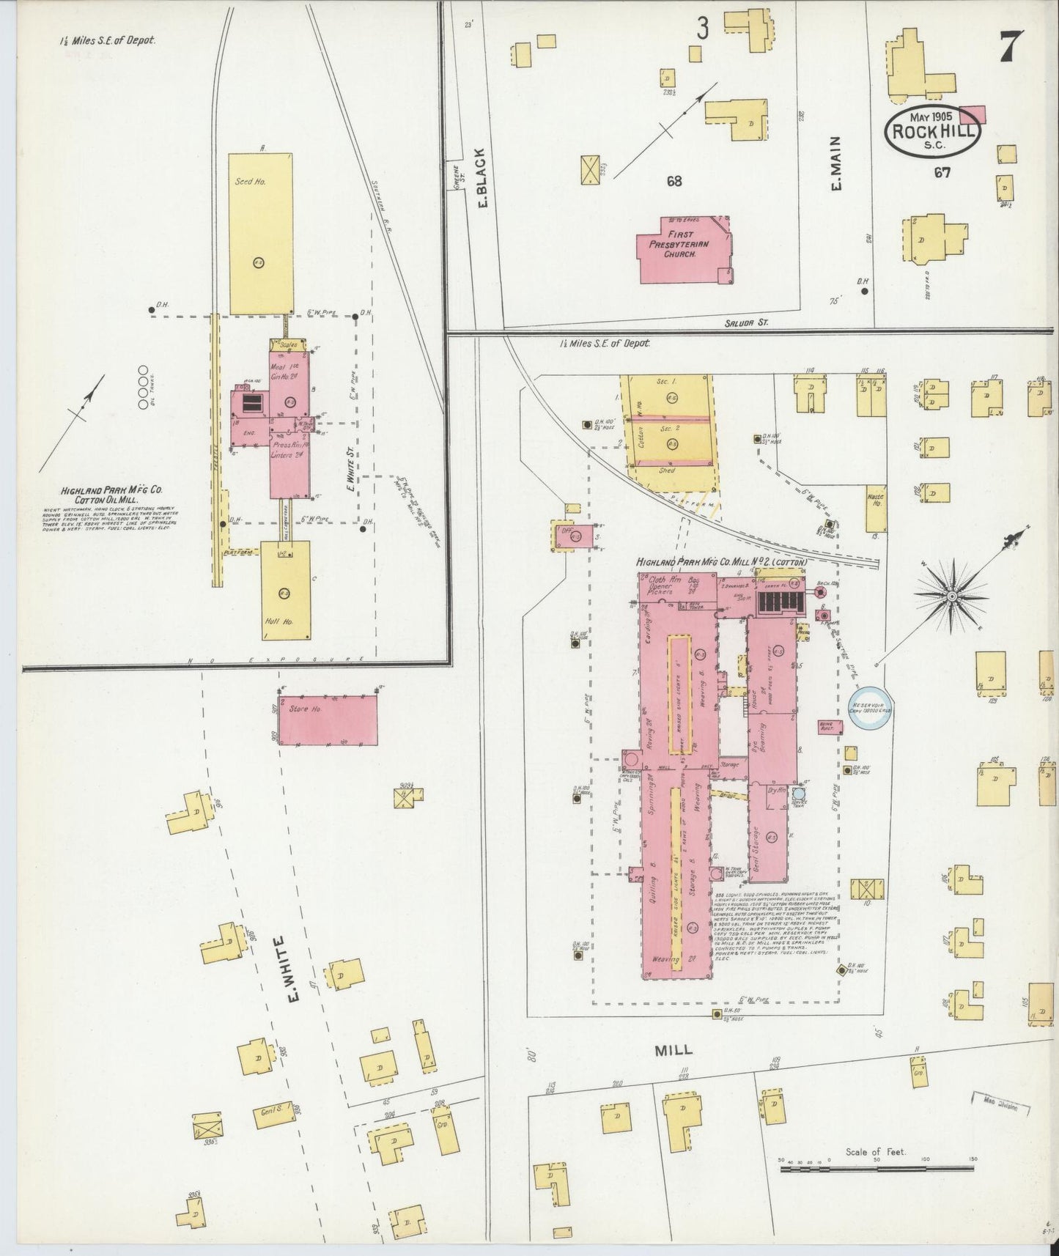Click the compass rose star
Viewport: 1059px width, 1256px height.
point(951,597)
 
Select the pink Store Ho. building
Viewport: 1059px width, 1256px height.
point(328,720)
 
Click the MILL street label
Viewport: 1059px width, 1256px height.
point(674,1049)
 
